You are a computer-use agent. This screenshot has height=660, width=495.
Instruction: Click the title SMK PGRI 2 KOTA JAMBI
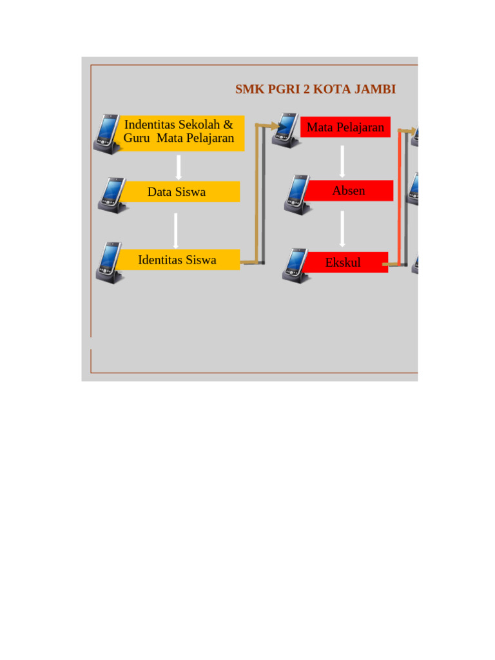[315, 89]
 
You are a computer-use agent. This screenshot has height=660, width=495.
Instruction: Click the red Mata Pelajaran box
[345, 127]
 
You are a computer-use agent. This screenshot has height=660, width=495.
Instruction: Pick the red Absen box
[349, 191]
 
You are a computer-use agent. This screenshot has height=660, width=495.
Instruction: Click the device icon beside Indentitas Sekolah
[106, 134]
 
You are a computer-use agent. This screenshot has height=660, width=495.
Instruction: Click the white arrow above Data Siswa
[179, 166]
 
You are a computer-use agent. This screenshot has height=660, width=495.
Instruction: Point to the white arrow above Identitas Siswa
[175, 231]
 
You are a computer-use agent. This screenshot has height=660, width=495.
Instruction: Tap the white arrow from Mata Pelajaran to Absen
[343, 161]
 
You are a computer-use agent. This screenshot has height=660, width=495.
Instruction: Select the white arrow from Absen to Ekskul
[343, 228]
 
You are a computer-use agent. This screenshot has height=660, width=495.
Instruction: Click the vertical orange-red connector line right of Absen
[400, 193]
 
